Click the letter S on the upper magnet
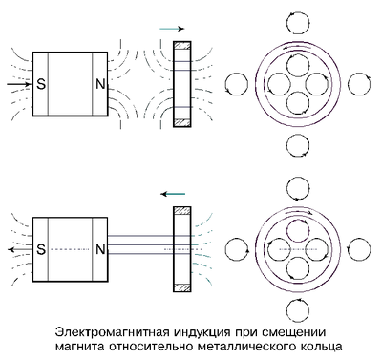pyautogui.click(x=41, y=84)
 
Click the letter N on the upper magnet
pyautogui.click(x=100, y=84)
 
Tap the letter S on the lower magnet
pyautogui.click(x=41, y=249)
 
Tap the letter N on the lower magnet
pyautogui.click(x=100, y=249)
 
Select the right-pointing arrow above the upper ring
pyautogui.click(x=172, y=29)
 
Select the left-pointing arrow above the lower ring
pyautogui.click(x=173, y=194)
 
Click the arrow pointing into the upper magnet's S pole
pyautogui.click(x=19, y=84)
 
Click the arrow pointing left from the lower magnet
pyautogui.click(x=20, y=249)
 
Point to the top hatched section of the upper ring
pyautogui.click(x=182, y=45)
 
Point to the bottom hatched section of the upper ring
pyautogui.click(x=182, y=122)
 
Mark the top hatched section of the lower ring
pyautogui.click(x=182, y=211)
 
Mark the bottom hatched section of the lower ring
pyautogui.click(x=182, y=287)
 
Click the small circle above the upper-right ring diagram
pyautogui.click(x=298, y=23)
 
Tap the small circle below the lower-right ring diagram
pyautogui.click(x=298, y=310)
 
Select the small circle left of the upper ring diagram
pyautogui.click(x=237, y=84)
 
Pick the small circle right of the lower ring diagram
pyautogui.click(x=359, y=249)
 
